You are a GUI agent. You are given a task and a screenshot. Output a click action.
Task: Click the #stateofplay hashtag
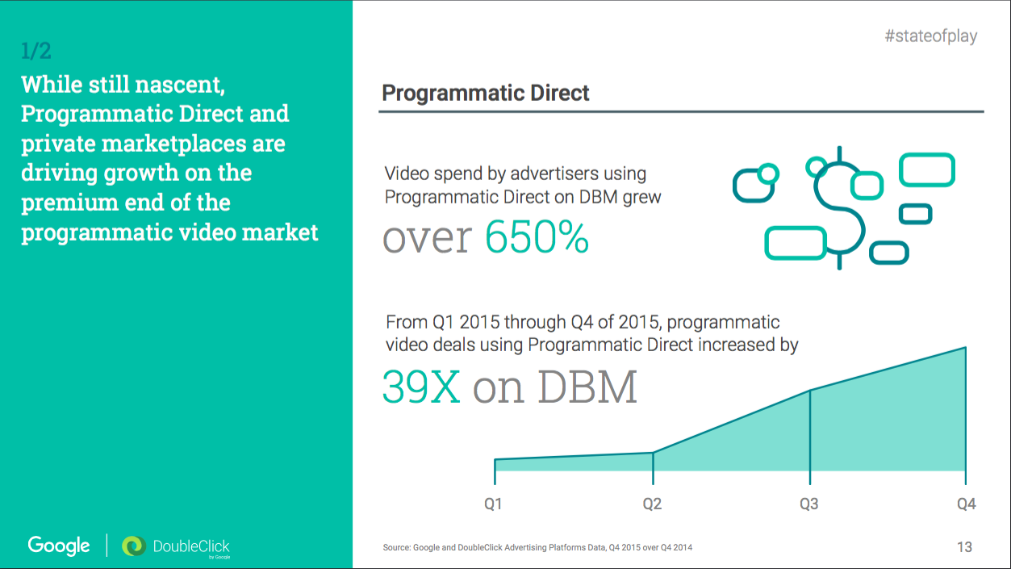930,36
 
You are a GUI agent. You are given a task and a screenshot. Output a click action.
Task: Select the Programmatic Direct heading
486,93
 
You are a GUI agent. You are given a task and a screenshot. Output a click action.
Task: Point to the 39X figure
421,387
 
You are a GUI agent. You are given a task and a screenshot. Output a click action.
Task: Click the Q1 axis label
493,504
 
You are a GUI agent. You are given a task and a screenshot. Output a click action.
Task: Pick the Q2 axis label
652,504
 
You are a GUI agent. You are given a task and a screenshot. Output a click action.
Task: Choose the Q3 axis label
808,504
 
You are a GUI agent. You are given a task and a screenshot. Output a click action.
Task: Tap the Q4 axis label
966,504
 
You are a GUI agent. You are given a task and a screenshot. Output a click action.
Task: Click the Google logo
59,546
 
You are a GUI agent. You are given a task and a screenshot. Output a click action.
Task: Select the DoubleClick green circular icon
133,546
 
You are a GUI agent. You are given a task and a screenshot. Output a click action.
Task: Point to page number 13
964,547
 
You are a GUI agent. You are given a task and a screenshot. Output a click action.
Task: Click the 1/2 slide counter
36,51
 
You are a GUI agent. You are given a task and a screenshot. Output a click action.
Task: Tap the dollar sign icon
839,207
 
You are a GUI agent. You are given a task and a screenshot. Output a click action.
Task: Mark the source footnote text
537,547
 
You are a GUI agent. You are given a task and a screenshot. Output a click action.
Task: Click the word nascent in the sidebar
181,84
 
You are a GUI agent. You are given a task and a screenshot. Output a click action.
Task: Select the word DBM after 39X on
587,387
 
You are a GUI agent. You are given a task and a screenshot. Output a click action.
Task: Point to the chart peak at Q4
965,348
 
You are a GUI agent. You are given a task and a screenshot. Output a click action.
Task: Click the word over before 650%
427,238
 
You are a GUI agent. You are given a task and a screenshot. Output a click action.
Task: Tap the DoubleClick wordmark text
191,546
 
